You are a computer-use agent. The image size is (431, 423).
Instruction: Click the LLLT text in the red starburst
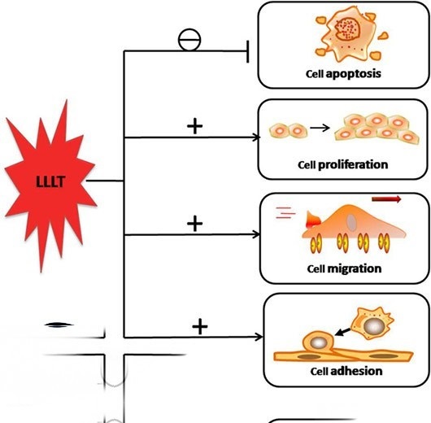click(50, 181)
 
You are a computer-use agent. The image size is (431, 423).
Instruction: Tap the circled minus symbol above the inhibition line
click(189, 40)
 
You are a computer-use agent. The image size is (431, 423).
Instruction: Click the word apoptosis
click(353, 74)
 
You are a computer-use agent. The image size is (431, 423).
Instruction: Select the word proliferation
click(353, 165)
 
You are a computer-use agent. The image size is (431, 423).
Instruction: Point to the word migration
click(355, 268)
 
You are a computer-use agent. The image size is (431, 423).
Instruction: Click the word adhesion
click(356, 371)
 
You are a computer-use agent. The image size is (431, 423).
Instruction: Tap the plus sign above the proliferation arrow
click(194, 126)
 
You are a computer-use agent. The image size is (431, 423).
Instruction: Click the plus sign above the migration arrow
click(194, 224)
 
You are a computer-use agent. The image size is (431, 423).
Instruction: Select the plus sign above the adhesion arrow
click(200, 327)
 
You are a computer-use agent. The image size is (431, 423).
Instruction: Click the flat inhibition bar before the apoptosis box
click(248, 52)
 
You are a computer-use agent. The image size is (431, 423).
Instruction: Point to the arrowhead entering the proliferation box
click(257, 137)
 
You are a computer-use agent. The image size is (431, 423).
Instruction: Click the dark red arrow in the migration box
click(386, 198)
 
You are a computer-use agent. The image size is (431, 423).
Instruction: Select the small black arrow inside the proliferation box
click(320, 128)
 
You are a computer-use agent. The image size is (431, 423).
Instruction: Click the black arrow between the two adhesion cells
click(343, 332)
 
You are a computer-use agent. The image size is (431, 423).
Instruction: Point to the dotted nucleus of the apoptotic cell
click(347, 28)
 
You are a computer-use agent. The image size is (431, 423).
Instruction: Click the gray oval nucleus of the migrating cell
click(351, 222)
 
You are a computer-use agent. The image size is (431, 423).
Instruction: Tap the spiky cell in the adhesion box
click(373, 324)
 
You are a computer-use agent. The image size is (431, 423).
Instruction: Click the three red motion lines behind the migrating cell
click(285, 212)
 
